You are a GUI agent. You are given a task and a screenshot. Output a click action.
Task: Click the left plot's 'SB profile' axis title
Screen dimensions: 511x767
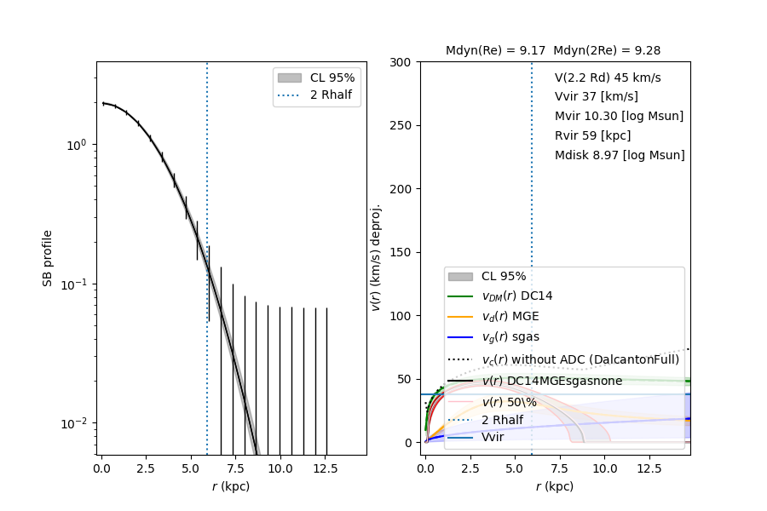[x=48, y=257]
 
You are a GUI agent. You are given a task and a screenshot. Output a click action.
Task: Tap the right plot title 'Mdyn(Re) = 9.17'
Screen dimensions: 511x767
[x=495, y=51]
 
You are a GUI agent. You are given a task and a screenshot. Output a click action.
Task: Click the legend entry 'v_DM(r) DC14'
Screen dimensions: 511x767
[x=516, y=296]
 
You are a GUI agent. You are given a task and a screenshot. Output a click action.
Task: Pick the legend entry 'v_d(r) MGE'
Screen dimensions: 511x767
[x=510, y=317]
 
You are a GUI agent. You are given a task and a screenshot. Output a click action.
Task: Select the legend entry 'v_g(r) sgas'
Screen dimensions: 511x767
[x=510, y=337]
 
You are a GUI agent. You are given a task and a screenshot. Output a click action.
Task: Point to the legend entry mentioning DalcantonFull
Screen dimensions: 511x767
[x=580, y=359]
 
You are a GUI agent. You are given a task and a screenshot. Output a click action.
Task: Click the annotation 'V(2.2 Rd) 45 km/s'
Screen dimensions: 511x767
[x=607, y=78]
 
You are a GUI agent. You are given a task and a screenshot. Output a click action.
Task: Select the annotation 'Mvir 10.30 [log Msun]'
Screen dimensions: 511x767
[x=619, y=117]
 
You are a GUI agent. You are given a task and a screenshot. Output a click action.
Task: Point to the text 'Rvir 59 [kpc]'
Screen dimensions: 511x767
[x=593, y=136]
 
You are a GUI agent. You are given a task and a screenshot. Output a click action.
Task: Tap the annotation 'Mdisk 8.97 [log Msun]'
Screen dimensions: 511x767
[x=620, y=156]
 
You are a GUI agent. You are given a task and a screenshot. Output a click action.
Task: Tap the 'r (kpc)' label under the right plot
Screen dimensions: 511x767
[x=554, y=486]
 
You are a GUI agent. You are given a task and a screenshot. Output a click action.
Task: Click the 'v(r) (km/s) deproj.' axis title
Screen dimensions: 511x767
[x=376, y=257]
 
